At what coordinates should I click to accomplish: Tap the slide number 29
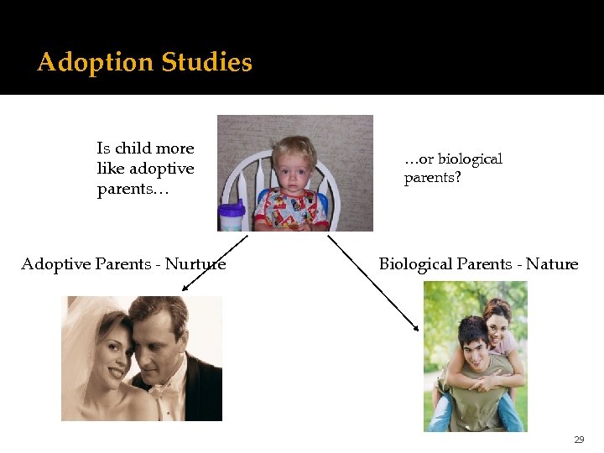coord(579,440)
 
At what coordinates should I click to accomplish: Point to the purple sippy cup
coord(231,216)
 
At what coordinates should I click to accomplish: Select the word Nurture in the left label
coord(195,264)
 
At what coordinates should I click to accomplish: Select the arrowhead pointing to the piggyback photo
coord(417,329)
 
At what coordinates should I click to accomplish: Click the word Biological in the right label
coord(416,264)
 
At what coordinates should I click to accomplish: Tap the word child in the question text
coord(133,148)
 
